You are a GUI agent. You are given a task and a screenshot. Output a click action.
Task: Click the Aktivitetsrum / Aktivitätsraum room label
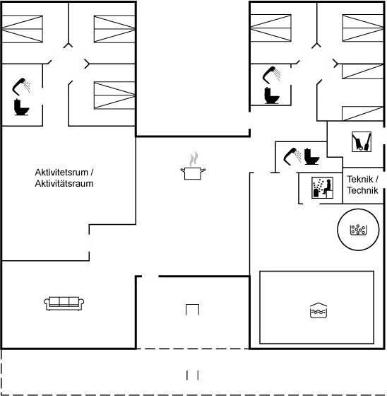coord(64,177)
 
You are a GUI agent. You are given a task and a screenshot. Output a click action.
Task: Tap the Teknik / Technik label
coord(363,185)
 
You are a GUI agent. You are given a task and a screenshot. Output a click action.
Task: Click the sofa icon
coord(65,303)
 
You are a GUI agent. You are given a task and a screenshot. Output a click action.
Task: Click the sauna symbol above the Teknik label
coord(362,143)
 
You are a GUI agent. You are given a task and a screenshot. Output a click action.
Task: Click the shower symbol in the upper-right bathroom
coord(271,72)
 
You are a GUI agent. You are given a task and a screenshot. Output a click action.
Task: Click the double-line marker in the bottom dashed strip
coord(193,373)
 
